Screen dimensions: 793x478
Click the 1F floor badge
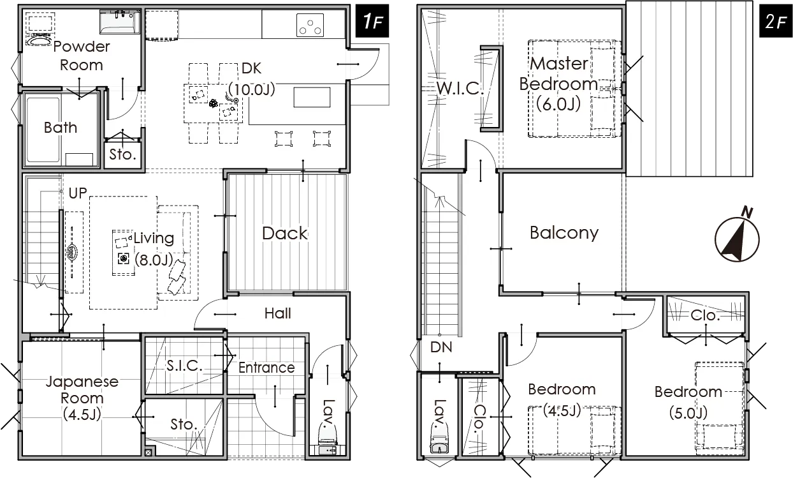pyautogui.click(x=372, y=21)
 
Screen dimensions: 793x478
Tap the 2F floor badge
pyautogui.click(x=776, y=21)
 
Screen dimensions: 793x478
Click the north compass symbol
pyautogui.click(x=738, y=237)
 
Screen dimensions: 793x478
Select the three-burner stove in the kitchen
pyautogui.click(x=310, y=25)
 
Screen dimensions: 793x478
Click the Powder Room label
pyautogui.click(x=82, y=56)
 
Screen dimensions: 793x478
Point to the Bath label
pyautogui.click(x=60, y=128)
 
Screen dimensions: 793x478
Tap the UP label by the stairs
pyautogui.click(x=78, y=193)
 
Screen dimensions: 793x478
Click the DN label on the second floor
pyautogui.click(x=441, y=347)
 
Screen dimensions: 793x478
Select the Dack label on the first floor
pyautogui.click(x=285, y=233)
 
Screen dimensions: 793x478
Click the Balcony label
pyautogui.click(x=564, y=233)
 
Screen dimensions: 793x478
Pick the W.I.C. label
pyautogui.click(x=460, y=88)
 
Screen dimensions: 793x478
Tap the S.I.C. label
pyautogui.click(x=184, y=366)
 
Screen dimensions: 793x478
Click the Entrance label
pyautogui.click(x=266, y=368)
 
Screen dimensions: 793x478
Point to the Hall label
pyautogui.click(x=278, y=313)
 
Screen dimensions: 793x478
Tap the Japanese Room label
pyautogui.click(x=82, y=398)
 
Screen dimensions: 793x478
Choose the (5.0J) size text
pyautogui.click(x=688, y=413)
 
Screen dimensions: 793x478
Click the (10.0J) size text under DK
pyautogui.click(x=252, y=89)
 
